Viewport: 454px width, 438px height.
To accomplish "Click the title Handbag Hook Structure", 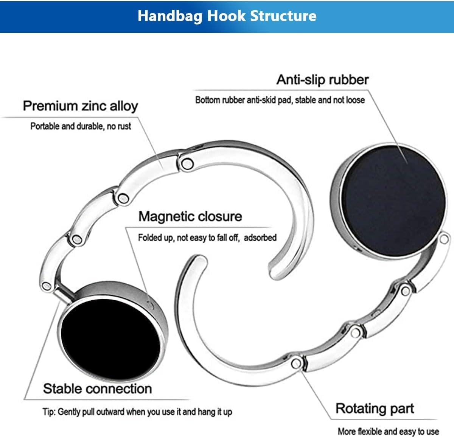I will click(x=227, y=16).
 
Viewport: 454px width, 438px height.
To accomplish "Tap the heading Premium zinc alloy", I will click(x=80, y=106).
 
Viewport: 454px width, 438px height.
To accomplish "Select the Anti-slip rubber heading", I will click(x=322, y=80).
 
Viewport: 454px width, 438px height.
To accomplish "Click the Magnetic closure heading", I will click(x=190, y=216).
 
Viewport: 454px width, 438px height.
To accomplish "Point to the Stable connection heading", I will click(x=97, y=388).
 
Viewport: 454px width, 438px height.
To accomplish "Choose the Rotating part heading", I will click(x=375, y=408).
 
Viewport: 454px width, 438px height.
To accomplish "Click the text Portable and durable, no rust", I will click(x=81, y=126).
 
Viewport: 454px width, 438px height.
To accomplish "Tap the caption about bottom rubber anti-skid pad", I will click(x=280, y=100).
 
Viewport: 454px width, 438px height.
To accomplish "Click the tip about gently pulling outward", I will click(x=137, y=412).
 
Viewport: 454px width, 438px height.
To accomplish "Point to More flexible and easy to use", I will click(x=388, y=431).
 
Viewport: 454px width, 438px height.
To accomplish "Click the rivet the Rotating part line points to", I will click(x=297, y=363).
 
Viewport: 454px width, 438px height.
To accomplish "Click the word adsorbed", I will click(x=260, y=238).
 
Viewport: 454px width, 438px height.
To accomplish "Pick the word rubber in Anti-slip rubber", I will click(x=348, y=80).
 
